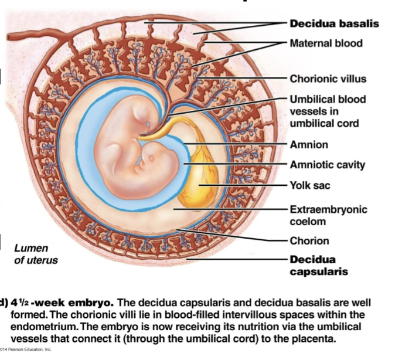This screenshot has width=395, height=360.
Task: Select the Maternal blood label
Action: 326,43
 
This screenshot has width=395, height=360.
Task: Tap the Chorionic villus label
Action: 328,79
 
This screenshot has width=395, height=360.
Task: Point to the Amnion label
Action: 309,144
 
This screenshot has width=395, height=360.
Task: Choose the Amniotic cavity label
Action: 327,165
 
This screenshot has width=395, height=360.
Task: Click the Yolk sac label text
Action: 309,185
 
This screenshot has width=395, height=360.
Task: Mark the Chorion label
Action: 309,240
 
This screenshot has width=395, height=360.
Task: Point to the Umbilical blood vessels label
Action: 327,111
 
